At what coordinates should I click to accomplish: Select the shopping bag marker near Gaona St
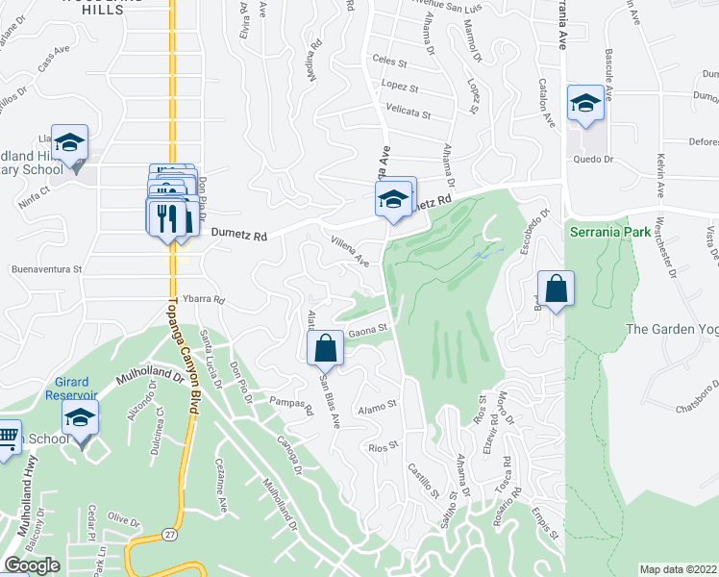(x=326, y=350)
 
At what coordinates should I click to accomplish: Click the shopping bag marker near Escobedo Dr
(x=557, y=289)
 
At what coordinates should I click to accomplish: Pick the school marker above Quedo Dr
(x=584, y=104)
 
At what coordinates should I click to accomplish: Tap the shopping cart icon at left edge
(x=8, y=438)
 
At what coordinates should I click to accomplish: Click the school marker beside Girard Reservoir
(x=81, y=420)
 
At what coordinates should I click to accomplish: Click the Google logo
(x=32, y=565)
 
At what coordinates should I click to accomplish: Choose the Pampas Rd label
(x=292, y=406)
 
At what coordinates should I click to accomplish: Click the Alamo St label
(x=378, y=408)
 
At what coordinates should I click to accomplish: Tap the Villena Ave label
(x=350, y=252)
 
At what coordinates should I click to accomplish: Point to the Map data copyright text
(x=678, y=569)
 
